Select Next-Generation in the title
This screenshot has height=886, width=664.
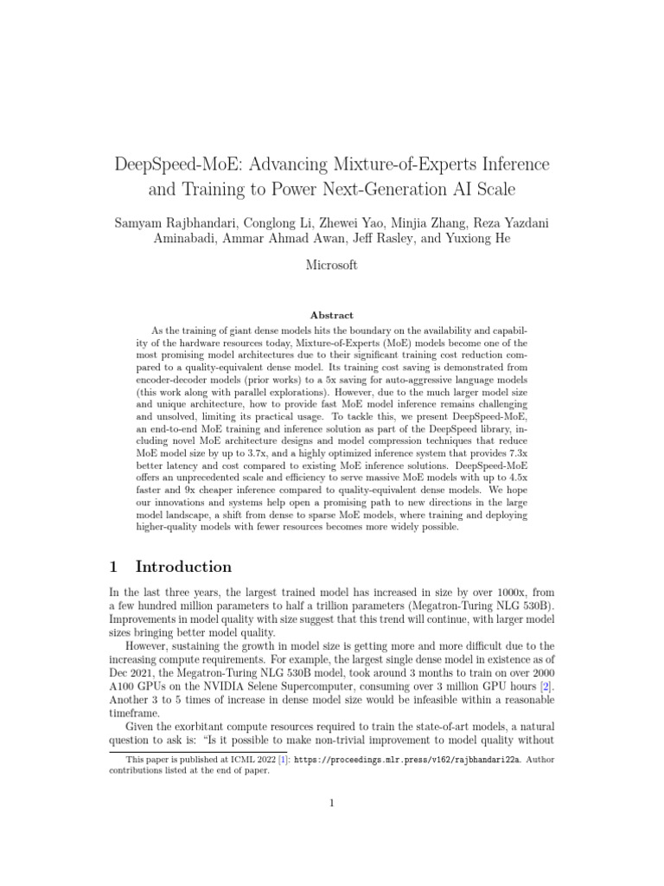[x=380, y=189]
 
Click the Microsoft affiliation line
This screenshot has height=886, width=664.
[x=332, y=266]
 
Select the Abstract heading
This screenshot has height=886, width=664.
[x=331, y=316]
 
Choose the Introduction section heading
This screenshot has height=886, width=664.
[x=183, y=568]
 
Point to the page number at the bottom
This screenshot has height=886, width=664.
[x=332, y=804]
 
